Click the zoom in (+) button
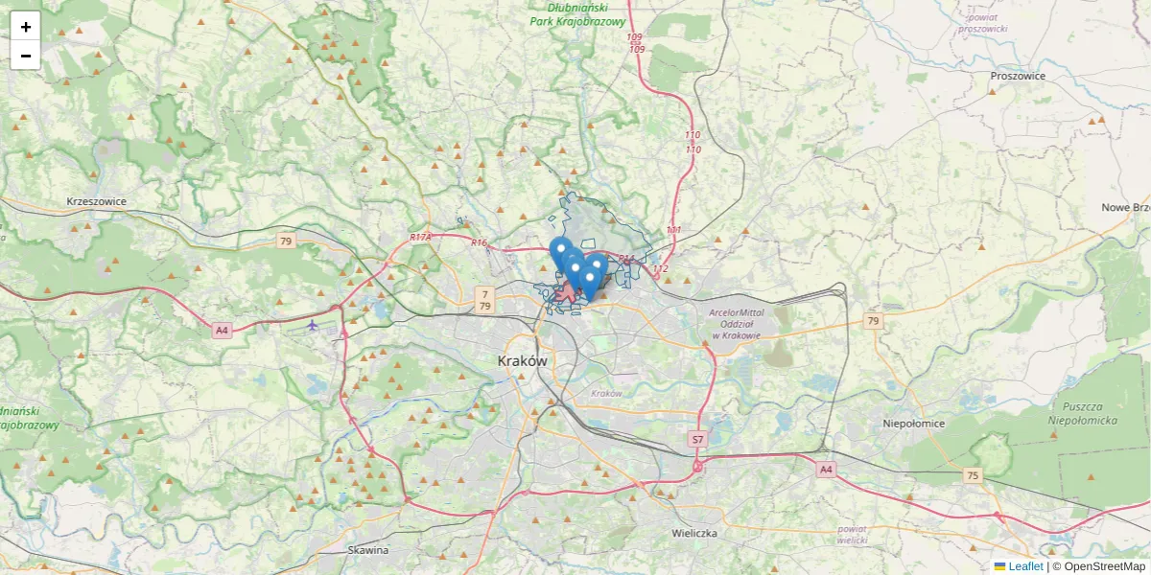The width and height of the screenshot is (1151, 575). (26, 27)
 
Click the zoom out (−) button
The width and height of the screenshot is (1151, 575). (26, 56)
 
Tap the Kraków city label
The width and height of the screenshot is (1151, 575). (522, 361)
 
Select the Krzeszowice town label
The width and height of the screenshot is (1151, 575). (97, 201)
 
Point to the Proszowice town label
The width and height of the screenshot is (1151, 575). (1018, 76)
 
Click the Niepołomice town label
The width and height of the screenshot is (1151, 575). (913, 423)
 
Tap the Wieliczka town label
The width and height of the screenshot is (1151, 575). (695, 533)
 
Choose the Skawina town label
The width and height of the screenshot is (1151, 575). (368, 550)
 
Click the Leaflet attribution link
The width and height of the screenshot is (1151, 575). (1024, 566)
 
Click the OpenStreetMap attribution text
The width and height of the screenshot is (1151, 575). (1104, 566)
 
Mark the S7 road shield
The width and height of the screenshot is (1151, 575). (698, 439)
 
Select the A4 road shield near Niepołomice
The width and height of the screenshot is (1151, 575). (825, 470)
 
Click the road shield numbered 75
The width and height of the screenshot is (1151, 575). (974, 475)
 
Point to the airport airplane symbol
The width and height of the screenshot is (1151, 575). (313, 325)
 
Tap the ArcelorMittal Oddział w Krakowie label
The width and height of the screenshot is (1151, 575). (736, 324)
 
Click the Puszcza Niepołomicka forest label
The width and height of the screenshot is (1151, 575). (1079, 412)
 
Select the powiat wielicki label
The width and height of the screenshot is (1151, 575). (852, 534)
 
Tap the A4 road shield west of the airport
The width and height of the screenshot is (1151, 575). (223, 330)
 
